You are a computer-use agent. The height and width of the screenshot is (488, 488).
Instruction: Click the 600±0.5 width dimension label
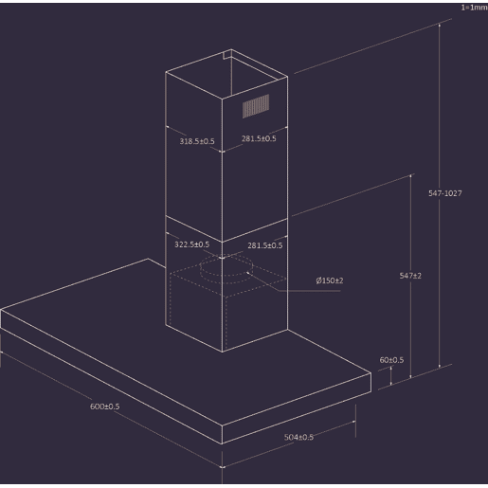click(x=105, y=407)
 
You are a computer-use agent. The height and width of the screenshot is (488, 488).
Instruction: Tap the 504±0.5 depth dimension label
click(x=298, y=437)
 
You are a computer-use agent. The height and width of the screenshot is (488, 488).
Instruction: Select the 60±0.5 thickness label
click(x=391, y=360)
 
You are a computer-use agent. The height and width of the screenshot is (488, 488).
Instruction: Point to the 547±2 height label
click(x=410, y=276)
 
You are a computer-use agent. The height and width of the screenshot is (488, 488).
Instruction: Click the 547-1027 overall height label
click(x=445, y=193)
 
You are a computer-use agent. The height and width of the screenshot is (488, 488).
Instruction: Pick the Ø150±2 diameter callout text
click(x=330, y=280)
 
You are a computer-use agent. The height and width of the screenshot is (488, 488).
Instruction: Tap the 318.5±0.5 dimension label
click(x=197, y=141)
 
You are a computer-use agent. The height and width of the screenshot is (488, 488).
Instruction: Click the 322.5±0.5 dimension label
click(x=191, y=244)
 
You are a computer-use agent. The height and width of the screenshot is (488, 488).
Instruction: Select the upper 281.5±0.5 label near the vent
click(x=259, y=138)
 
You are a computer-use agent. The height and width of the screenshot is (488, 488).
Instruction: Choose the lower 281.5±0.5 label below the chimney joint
click(x=265, y=245)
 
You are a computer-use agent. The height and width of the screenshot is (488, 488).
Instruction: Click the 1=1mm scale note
click(x=474, y=8)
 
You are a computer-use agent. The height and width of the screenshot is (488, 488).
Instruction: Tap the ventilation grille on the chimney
click(x=256, y=106)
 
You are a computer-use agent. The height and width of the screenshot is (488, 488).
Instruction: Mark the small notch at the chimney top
click(x=227, y=55)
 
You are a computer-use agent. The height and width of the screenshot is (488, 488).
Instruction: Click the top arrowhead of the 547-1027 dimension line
click(x=440, y=26)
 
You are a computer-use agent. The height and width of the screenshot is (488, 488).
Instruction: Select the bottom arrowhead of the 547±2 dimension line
click(x=410, y=375)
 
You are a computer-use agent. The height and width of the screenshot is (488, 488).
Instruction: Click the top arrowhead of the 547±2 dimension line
click(x=410, y=176)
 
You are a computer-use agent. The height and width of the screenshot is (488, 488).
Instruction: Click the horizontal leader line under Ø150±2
click(x=310, y=291)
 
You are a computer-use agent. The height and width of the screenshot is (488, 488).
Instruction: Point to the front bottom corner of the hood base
click(x=222, y=444)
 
